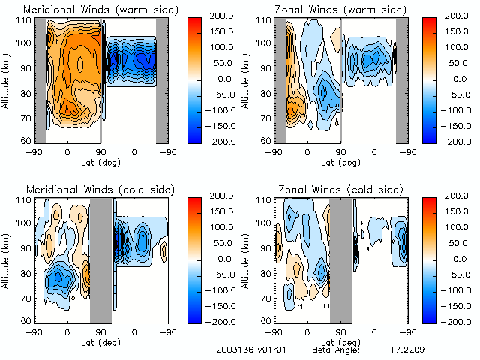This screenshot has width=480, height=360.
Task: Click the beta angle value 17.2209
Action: [x=406, y=349]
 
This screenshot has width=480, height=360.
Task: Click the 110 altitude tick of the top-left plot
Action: [x=23, y=19]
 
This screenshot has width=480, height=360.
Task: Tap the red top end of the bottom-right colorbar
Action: [x=428, y=202]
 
